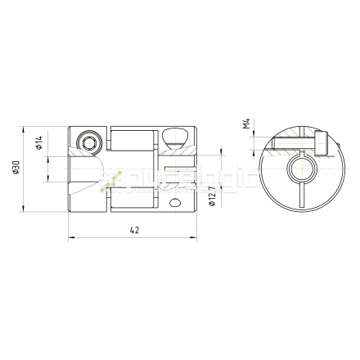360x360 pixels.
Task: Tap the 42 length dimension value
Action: [x=133, y=232]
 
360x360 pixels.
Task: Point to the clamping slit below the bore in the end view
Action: [x=300, y=196]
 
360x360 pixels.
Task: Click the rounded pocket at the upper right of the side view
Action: [x=174, y=136]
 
